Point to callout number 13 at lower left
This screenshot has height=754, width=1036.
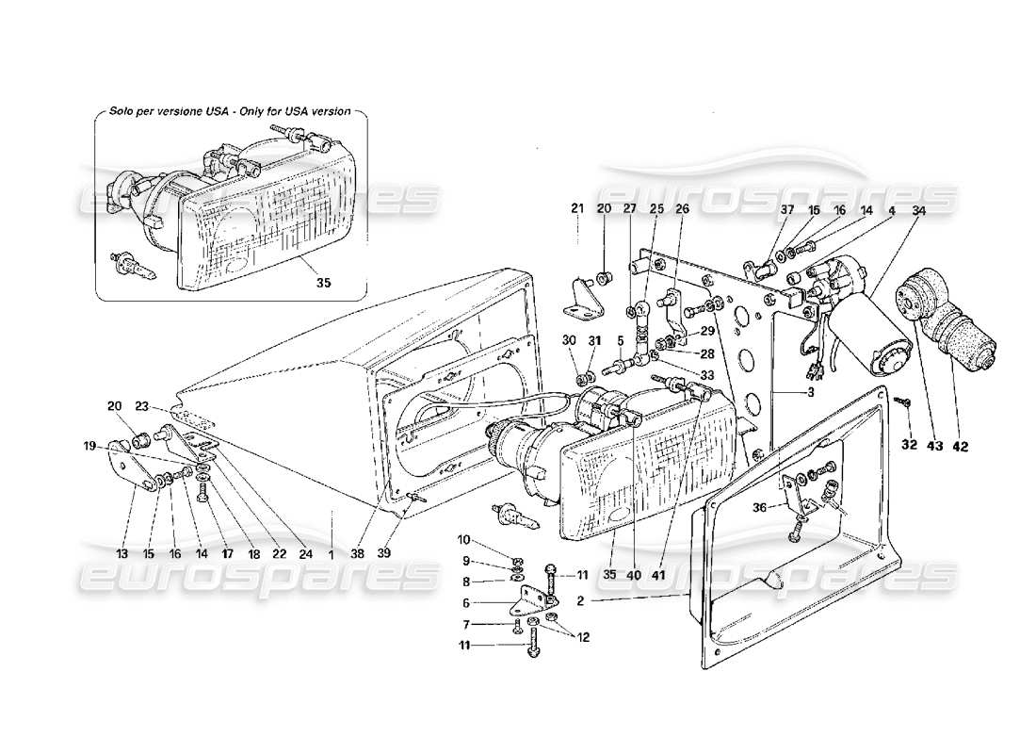point(121,554)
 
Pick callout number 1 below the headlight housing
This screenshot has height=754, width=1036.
point(332,554)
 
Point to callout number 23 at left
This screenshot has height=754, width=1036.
point(141,407)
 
